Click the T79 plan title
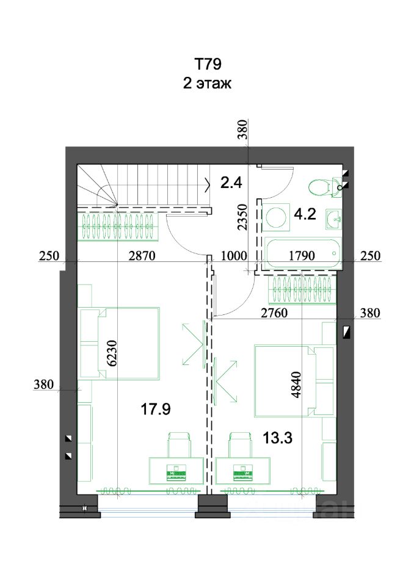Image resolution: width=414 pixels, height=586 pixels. pos(208,64)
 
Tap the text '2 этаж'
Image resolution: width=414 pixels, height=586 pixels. pos(207,83)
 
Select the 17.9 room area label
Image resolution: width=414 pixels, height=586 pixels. pos(156,409)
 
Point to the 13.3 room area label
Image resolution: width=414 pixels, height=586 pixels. pos(277,438)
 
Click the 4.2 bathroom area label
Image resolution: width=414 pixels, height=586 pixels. pos(305,214)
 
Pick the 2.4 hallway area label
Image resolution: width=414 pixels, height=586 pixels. pos(231,183)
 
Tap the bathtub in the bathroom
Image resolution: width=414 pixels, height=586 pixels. pos(302,253)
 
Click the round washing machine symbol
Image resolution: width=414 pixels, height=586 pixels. pos(277,217)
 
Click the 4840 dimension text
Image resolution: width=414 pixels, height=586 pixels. pos(296,385)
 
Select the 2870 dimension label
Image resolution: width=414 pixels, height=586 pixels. pos(142,256)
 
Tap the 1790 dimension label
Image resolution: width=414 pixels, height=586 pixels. pos(302,256)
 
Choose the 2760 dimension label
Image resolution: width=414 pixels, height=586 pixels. pos(274,313)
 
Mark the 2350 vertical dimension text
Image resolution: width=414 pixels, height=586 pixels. pos(243,217)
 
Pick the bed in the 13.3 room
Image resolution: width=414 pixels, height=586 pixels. pos(294,381)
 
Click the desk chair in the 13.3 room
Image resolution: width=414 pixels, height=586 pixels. pos(240,444)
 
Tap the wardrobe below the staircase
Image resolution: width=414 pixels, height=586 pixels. pos(118,226)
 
